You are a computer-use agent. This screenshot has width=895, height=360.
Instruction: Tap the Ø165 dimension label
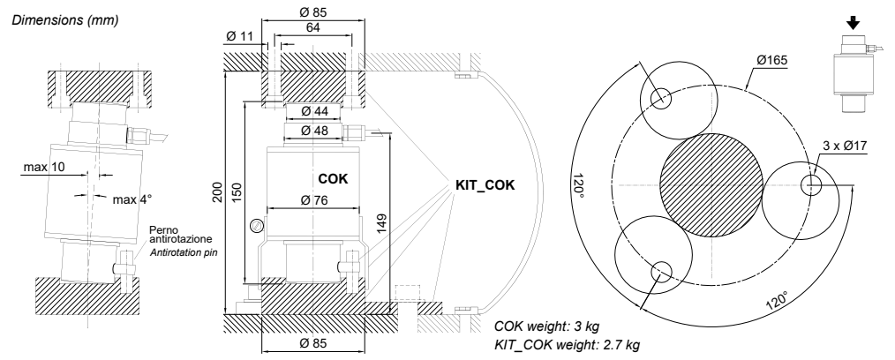pos(771,60)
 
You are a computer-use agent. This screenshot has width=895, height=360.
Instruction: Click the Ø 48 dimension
pos(314,131)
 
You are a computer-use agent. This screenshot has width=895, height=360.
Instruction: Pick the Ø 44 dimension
pos(314,111)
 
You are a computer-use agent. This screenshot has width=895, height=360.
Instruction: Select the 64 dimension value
pos(312,28)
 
